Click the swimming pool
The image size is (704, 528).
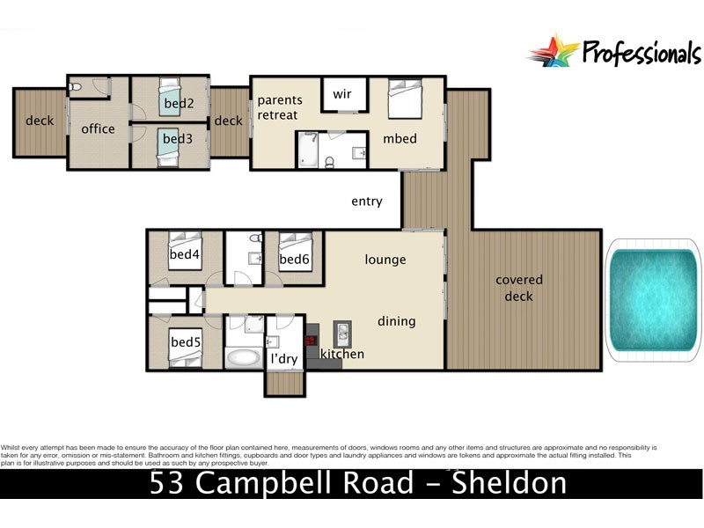pos(653,300)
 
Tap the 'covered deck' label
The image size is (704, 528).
pos(519,288)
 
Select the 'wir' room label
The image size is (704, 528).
pos(342,94)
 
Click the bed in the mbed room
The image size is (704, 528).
pos(406,99)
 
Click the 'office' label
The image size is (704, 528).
pos(98,128)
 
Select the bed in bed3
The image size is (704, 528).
pos(170,144)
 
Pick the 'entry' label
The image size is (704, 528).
pos(366,202)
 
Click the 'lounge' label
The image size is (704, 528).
pos(385,260)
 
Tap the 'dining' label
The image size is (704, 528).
pos(396,321)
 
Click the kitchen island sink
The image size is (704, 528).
pos(341,334)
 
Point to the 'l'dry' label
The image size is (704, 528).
pos(283,359)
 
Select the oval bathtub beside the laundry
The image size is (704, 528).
pos(242,358)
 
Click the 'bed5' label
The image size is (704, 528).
pos(187,341)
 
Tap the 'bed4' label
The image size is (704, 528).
pos(184,255)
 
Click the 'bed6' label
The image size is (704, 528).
pos(294,259)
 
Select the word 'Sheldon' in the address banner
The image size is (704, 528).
pos(508,483)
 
